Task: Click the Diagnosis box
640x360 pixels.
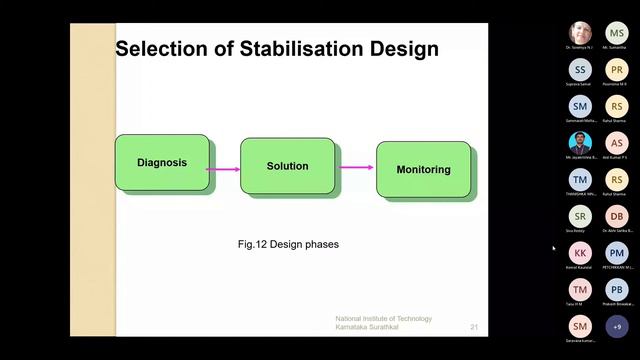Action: click(x=162, y=162)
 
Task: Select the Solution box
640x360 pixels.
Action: click(x=287, y=166)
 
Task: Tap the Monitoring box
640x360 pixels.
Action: click(x=423, y=169)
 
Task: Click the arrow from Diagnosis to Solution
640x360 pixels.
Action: click(x=224, y=169)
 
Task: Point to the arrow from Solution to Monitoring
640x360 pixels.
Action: click(x=357, y=168)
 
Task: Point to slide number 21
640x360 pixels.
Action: click(x=474, y=327)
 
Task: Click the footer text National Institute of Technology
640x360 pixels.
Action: click(x=383, y=319)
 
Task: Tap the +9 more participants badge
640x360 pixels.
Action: click(x=617, y=326)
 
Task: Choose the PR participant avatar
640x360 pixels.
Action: click(x=617, y=69)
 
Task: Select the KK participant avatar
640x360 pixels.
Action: click(x=581, y=253)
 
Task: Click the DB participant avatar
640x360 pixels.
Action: click(x=617, y=216)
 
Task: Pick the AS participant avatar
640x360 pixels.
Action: click(x=617, y=143)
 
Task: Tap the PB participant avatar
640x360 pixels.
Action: click(x=617, y=290)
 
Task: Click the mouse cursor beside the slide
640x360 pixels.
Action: click(x=553, y=248)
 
